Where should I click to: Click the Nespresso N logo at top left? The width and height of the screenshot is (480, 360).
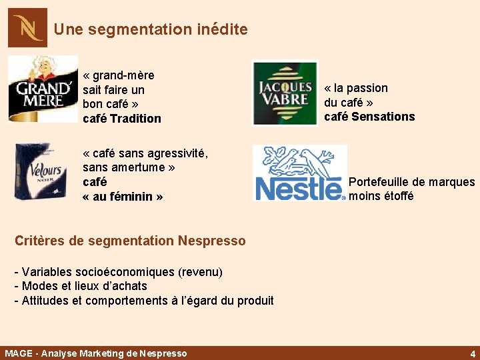27,28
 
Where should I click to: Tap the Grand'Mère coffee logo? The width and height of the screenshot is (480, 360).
43,89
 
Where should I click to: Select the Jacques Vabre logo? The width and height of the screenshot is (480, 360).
285,93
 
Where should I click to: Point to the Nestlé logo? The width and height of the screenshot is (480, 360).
300,173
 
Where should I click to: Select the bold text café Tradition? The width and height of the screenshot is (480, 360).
122,119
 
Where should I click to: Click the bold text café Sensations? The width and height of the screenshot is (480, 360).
369,117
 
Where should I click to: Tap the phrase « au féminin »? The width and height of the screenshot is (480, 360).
123,197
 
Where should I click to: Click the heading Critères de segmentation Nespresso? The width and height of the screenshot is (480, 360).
130,241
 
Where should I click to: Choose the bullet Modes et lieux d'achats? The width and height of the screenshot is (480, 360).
81,286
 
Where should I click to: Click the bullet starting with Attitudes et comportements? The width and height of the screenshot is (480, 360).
144,301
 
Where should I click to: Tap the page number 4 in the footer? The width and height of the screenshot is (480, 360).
472,353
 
